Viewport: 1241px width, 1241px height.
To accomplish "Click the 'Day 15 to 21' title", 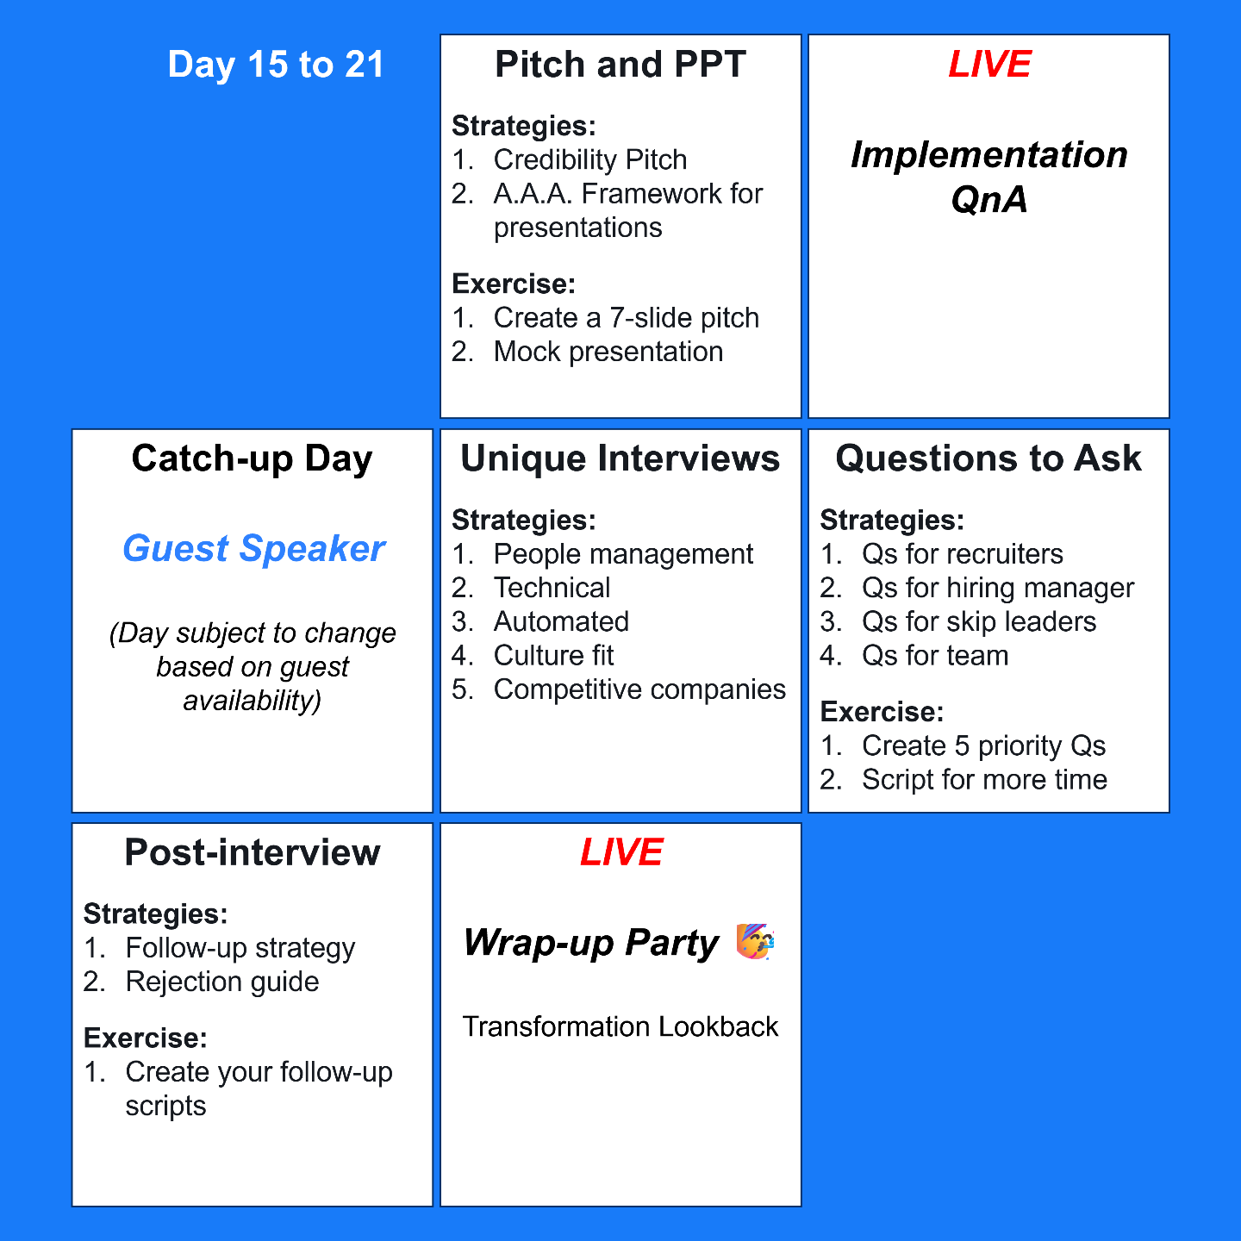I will [276, 65].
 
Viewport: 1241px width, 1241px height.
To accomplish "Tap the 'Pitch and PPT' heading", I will [620, 65].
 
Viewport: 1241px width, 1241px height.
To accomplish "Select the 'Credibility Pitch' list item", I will [590, 159].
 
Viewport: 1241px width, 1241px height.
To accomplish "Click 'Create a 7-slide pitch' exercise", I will [627, 318].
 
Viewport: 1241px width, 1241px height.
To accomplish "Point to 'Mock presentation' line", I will [608, 352].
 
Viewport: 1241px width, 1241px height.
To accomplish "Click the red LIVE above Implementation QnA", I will [989, 65].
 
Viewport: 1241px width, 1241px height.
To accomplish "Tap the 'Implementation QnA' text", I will [989, 177].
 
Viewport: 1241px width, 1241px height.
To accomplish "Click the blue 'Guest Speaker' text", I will [253, 549].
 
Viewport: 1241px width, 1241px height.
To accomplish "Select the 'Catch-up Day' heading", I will [252, 458].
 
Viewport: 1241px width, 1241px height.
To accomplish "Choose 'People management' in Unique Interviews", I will [623, 554].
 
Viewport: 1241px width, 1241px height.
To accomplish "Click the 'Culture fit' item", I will [553, 656].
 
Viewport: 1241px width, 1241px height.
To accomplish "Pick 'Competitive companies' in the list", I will [639, 689].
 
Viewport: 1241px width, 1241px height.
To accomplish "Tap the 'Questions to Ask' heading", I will [988, 458].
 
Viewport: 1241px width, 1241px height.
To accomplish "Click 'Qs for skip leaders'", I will [979, 621].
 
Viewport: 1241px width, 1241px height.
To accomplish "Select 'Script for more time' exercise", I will [984, 780].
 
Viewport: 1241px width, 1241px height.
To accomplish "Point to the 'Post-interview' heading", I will [252, 852].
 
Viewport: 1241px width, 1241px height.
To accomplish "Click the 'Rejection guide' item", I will [222, 982].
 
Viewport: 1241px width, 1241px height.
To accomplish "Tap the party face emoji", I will [755, 942].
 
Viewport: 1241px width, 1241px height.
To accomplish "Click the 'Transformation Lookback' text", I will [620, 1026].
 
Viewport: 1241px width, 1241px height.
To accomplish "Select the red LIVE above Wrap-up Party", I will [620, 852].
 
